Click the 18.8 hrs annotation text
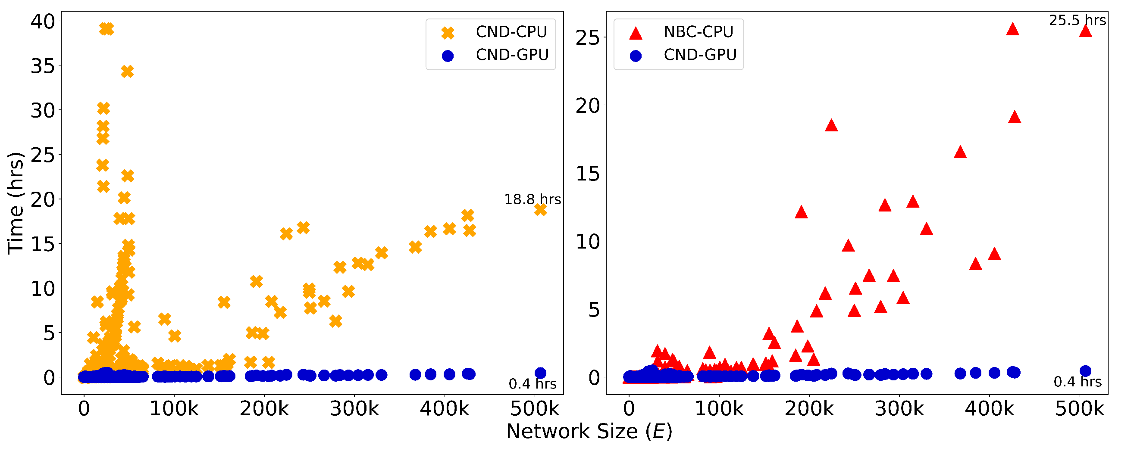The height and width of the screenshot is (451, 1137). point(532,200)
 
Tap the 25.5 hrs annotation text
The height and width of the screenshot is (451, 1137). point(1077,20)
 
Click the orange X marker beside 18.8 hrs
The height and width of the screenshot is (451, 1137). point(540,210)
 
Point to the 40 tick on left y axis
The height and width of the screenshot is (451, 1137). point(43,21)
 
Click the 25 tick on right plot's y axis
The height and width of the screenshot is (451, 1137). point(588,38)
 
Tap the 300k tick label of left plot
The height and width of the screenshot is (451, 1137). point(354,409)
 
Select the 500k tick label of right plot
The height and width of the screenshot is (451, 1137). point(1079,409)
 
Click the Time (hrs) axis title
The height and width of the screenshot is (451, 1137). point(16,203)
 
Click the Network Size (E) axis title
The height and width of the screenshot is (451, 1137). point(589,431)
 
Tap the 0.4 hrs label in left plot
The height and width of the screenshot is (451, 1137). point(532,384)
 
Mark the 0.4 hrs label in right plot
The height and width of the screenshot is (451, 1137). point(1077,382)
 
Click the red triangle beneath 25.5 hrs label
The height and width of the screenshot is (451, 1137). point(1085,31)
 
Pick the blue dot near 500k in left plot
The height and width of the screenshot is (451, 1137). point(540,373)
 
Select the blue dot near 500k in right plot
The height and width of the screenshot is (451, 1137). point(1085,371)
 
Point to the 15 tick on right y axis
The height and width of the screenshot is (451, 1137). point(588,174)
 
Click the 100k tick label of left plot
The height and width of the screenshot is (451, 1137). point(174,409)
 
